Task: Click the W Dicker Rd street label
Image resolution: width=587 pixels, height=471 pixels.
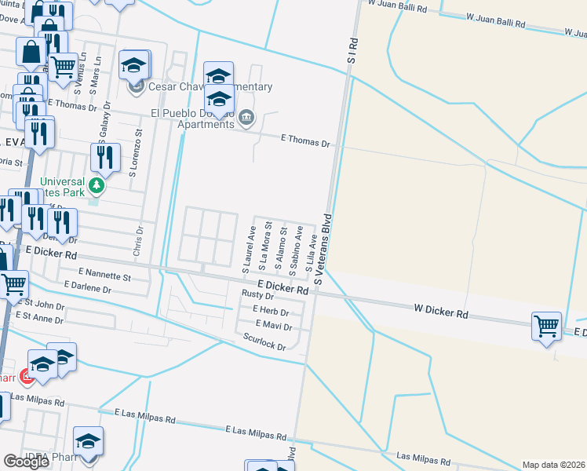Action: coord(441,313)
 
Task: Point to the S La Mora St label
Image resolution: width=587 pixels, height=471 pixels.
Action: coord(265,245)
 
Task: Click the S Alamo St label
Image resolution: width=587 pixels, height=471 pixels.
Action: coord(279,244)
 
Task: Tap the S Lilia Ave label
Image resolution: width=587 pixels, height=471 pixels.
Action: coord(310,252)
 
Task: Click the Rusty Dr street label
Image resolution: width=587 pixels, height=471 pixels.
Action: coord(257,295)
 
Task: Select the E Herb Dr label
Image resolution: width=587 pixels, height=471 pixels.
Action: coord(271,311)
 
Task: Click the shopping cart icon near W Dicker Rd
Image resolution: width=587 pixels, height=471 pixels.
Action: coord(546,324)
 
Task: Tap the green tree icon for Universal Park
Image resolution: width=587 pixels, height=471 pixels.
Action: coord(97,186)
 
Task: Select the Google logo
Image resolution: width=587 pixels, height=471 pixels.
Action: coord(27,461)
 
